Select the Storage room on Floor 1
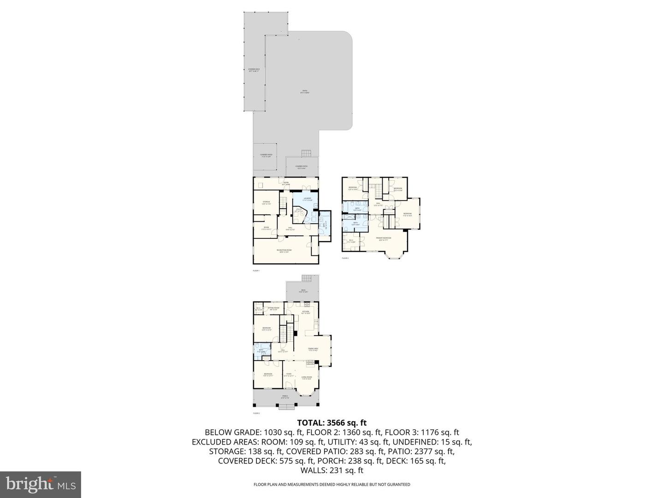[x=266, y=202]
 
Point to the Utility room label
[x=299, y=210]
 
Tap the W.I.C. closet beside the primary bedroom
[x=351, y=241]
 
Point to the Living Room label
[x=307, y=378]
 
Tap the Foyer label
[x=289, y=374]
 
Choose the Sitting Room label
[x=273, y=308]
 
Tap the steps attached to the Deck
[x=307, y=278]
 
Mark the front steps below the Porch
[x=286, y=406]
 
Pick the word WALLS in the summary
[x=312, y=470]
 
